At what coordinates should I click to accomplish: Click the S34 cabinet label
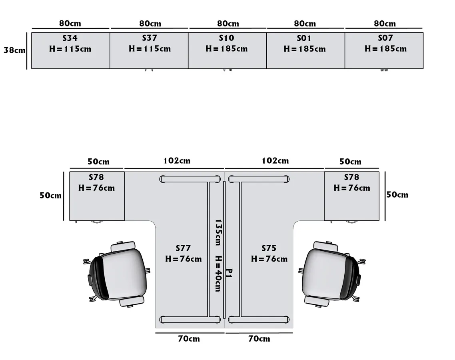(70, 38)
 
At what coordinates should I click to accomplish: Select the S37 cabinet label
(150, 38)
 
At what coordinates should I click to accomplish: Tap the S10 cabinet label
(226, 38)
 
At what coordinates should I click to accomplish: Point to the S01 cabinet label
(304, 38)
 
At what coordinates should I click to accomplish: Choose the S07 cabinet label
(385, 38)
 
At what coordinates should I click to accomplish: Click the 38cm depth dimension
(14, 51)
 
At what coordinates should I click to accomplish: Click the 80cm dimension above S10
(228, 24)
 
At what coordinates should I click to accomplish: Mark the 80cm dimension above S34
(70, 24)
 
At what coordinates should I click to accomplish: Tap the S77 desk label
(183, 248)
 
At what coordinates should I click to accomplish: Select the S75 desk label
(269, 248)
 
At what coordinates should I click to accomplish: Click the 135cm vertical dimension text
(218, 232)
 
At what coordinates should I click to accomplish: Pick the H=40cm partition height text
(218, 274)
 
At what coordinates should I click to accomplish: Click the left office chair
(118, 274)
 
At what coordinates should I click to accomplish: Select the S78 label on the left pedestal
(96, 177)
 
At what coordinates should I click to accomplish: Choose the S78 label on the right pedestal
(351, 177)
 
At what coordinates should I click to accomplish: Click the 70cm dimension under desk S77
(189, 339)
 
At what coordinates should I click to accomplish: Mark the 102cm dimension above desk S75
(275, 161)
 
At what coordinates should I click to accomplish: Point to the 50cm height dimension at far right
(397, 195)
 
